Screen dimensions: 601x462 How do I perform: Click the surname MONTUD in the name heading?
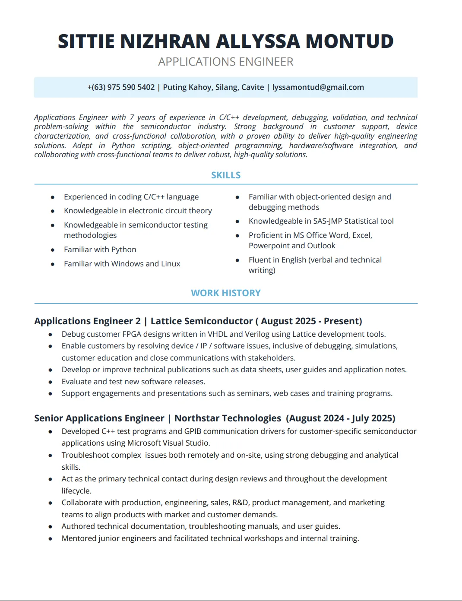pos(349,41)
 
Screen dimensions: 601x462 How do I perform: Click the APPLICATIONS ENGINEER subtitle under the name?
pos(225,62)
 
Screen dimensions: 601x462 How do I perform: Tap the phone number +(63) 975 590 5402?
pos(121,87)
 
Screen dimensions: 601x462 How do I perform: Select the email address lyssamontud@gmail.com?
pos(318,87)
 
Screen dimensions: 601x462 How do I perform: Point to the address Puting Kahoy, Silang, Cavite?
pos(213,87)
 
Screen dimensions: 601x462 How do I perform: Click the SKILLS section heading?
pos(226,175)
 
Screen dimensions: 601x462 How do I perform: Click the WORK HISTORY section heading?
pos(226,293)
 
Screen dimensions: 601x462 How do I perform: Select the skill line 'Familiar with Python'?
pos(100,250)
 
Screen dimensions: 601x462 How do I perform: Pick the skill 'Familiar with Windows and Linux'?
pos(122,264)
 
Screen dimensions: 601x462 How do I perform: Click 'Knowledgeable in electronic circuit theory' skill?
pos(138,211)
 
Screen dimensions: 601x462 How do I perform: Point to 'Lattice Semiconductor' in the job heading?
pos(201,321)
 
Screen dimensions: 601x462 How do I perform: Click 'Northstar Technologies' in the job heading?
pos(228,418)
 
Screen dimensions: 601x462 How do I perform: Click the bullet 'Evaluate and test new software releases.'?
pos(133,382)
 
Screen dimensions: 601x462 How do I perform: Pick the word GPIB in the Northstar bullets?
pos(193,431)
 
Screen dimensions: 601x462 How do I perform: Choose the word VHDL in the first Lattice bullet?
pos(218,334)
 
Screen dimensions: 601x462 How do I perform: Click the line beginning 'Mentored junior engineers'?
pos(210,538)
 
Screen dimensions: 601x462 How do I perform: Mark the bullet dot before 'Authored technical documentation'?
pos(51,527)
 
